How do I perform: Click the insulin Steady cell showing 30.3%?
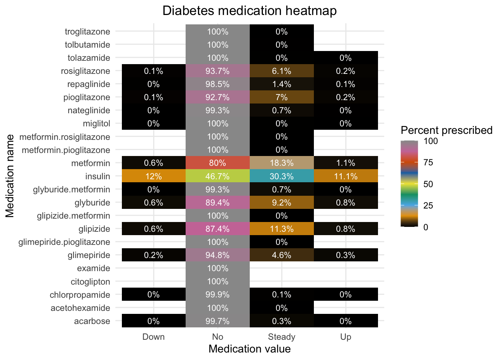[x=281, y=176]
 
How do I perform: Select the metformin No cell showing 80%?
[x=217, y=163]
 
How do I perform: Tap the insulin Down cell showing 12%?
[x=153, y=176]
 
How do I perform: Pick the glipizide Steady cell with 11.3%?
[x=281, y=229]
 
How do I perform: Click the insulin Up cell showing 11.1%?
[x=345, y=176]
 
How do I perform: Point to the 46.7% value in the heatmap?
[x=217, y=176]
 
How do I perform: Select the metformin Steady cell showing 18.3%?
[x=281, y=163]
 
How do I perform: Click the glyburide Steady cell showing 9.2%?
[x=281, y=202]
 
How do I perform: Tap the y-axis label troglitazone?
[x=87, y=31]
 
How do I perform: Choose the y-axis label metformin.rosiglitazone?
[x=64, y=137]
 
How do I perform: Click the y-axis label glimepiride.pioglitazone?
[x=64, y=242]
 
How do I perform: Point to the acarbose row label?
[x=92, y=321]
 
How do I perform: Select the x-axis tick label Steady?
[x=281, y=337]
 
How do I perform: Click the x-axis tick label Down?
[x=153, y=337]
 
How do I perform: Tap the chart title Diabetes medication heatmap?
[x=249, y=10]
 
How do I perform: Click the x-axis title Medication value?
[x=249, y=349]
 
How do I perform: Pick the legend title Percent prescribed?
[x=446, y=130]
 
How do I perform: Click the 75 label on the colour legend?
[x=428, y=162]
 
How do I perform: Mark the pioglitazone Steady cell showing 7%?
[x=281, y=97]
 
